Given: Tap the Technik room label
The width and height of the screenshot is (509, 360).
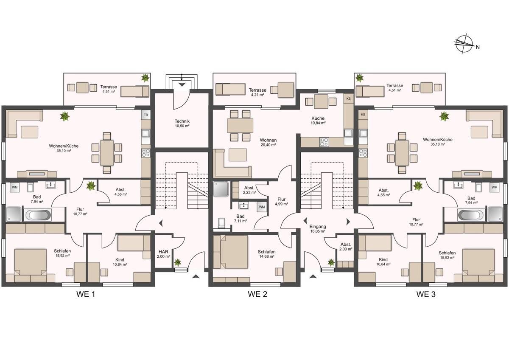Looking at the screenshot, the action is click(182, 121).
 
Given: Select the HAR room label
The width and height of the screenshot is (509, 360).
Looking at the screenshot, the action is click(163, 252).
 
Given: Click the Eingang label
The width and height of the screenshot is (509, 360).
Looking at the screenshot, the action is click(318, 227).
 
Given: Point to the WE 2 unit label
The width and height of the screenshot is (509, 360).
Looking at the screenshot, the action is click(257, 294).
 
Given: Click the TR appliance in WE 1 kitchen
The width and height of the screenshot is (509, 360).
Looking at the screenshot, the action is click(146, 115).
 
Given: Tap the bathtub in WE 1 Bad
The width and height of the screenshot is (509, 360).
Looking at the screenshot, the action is click(38, 214).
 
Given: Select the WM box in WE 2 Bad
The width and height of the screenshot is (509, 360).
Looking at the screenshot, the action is click(262, 207).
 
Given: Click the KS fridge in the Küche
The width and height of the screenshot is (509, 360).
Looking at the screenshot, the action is click(348, 98).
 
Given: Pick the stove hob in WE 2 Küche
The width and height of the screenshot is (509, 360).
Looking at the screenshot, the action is click(324, 142).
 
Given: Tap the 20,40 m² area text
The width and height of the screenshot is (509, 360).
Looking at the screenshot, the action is click(268, 145).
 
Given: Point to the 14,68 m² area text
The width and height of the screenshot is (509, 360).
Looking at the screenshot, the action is click(266, 256).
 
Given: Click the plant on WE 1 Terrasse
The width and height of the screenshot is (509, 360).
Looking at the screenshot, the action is click(145, 78).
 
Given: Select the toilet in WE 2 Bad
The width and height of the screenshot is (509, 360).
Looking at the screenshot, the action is click(221, 223).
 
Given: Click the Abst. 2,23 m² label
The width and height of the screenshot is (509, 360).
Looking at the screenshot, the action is click(249, 190).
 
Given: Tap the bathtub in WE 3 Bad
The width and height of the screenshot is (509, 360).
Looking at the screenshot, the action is click(470, 214).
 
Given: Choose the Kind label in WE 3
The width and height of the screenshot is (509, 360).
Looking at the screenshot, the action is click(383, 259).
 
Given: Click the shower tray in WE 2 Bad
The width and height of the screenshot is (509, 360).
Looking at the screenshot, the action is click(221, 189).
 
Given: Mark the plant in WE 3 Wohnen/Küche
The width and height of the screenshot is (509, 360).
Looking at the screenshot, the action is click(444, 116).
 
